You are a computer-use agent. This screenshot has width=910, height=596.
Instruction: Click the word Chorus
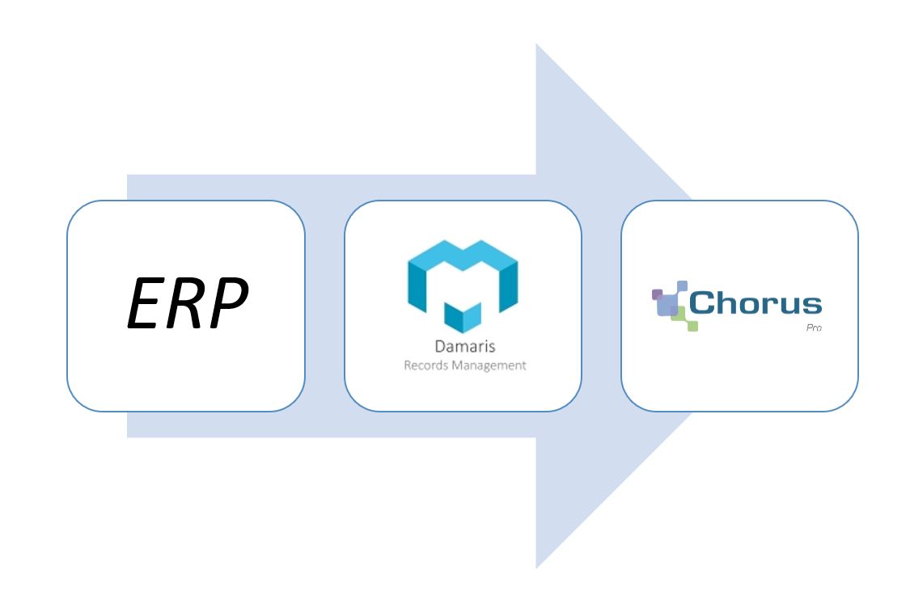tap(755, 304)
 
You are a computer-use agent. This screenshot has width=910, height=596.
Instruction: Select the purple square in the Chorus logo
tap(658, 294)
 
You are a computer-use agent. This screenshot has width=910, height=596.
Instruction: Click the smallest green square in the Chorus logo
tap(692, 326)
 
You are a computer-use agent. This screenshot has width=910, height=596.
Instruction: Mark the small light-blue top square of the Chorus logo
tap(681, 285)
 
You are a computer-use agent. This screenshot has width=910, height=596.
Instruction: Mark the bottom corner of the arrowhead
tap(537, 566)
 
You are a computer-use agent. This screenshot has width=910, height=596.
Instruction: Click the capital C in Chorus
tap(702, 304)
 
